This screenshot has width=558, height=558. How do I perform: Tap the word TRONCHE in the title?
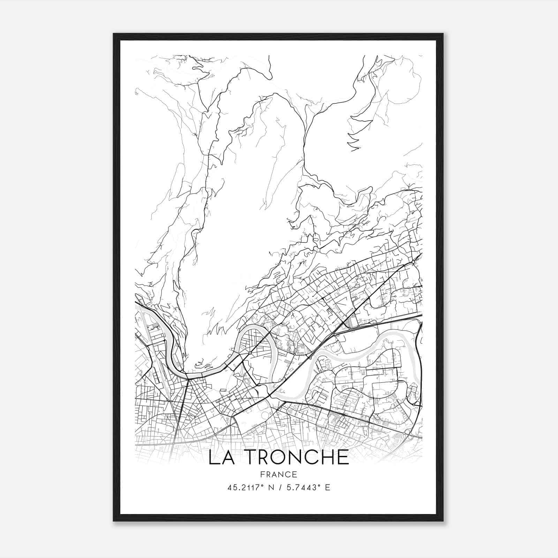click(294, 458)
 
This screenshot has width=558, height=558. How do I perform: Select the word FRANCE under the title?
click(279, 475)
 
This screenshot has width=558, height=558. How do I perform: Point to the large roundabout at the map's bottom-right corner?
click(408, 432)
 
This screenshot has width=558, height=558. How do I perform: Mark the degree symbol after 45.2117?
click(260, 485)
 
